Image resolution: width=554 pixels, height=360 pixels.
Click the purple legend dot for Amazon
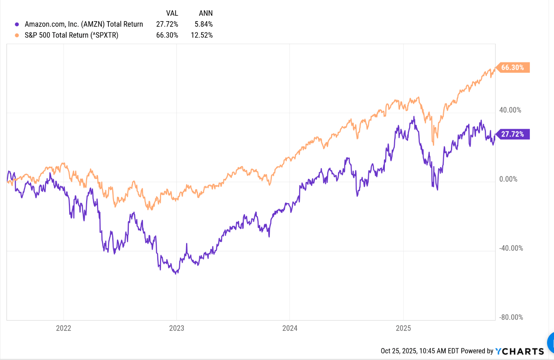pyautogui.click(x=17, y=24)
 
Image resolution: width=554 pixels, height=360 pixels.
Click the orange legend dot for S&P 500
pyautogui.click(x=17, y=35)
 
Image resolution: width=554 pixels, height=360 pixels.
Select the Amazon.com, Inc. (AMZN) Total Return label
pyautogui.click(x=84, y=24)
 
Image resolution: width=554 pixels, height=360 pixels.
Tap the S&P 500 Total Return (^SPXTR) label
pyautogui.click(x=72, y=35)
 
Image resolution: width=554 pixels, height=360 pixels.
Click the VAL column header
pyautogui.click(x=172, y=13)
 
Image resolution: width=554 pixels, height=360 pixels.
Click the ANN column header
pyautogui.click(x=206, y=13)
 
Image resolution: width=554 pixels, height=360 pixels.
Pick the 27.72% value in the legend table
pyautogui.click(x=167, y=24)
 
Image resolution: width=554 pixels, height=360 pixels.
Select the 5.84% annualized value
pyautogui.click(x=203, y=24)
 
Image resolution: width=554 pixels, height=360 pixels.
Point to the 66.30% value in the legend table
pyautogui.click(x=167, y=35)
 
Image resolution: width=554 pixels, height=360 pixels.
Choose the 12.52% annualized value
pyautogui.click(x=202, y=35)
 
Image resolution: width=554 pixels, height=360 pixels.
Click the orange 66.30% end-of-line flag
pyautogui.click(x=512, y=68)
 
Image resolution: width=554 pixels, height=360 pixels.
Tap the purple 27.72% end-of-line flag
pyautogui.click(x=512, y=134)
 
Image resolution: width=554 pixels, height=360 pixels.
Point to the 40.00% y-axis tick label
pyautogui.click(x=510, y=110)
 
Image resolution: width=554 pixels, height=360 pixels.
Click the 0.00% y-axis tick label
pyautogui.click(x=508, y=179)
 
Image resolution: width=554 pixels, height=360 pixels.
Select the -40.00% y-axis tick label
pyautogui.click(x=511, y=248)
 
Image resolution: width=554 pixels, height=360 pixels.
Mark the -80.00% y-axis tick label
pyautogui.click(x=511, y=317)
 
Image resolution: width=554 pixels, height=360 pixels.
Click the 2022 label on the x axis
pyautogui.click(x=63, y=328)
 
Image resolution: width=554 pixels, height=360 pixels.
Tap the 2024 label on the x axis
pyautogui.click(x=290, y=328)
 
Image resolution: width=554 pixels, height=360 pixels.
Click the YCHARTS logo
pyautogui.click(x=519, y=351)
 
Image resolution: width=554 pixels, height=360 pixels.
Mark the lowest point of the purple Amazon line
pyautogui.click(x=176, y=274)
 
